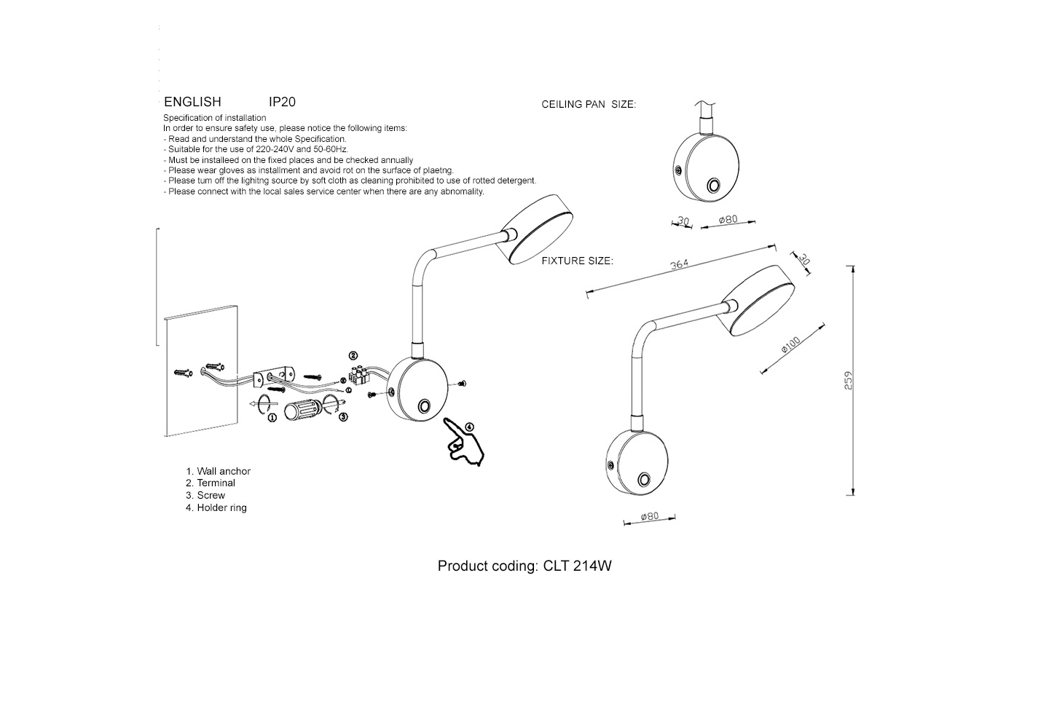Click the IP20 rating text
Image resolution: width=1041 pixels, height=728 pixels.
pyautogui.click(x=282, y=102)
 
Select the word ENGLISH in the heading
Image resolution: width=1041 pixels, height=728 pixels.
pyautogui.click(x=192, y=102)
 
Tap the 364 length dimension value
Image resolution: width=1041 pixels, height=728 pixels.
pyautogui.click(x=679, y=264)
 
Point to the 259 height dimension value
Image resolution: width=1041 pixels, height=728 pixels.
pyautogui.click(x=848, y=380)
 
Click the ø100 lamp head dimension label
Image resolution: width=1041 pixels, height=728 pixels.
pyautogui.click(x=790, y=344)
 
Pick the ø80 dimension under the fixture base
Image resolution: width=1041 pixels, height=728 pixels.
pyautogui.click(x=649, y=516)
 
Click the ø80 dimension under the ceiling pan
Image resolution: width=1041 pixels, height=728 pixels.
pyautogui.click(x=728, y=219)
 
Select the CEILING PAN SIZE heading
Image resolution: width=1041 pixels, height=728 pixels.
pyautogui.click(x=589, y=105)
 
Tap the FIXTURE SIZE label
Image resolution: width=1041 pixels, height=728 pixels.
pyautogui.click(x=577, y=261)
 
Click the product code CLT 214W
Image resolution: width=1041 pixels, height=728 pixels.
pyautogui.click(x=577, y=566)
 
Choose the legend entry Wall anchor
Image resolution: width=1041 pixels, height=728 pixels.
pyautogui.click(x=223, y=471)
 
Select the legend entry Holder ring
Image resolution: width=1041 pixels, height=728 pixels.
pyautogui.click(x=221, y=507)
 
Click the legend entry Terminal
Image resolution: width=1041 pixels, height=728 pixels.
pyautogui.click(x=216, y=483)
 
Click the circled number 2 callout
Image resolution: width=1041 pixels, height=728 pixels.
pyautogui.click(x=353, y=356)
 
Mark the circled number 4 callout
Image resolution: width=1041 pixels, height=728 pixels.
pyautogui.click(x=469, y=427)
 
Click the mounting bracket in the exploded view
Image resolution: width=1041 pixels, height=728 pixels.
pyautogui.click(x=273, y=376)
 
